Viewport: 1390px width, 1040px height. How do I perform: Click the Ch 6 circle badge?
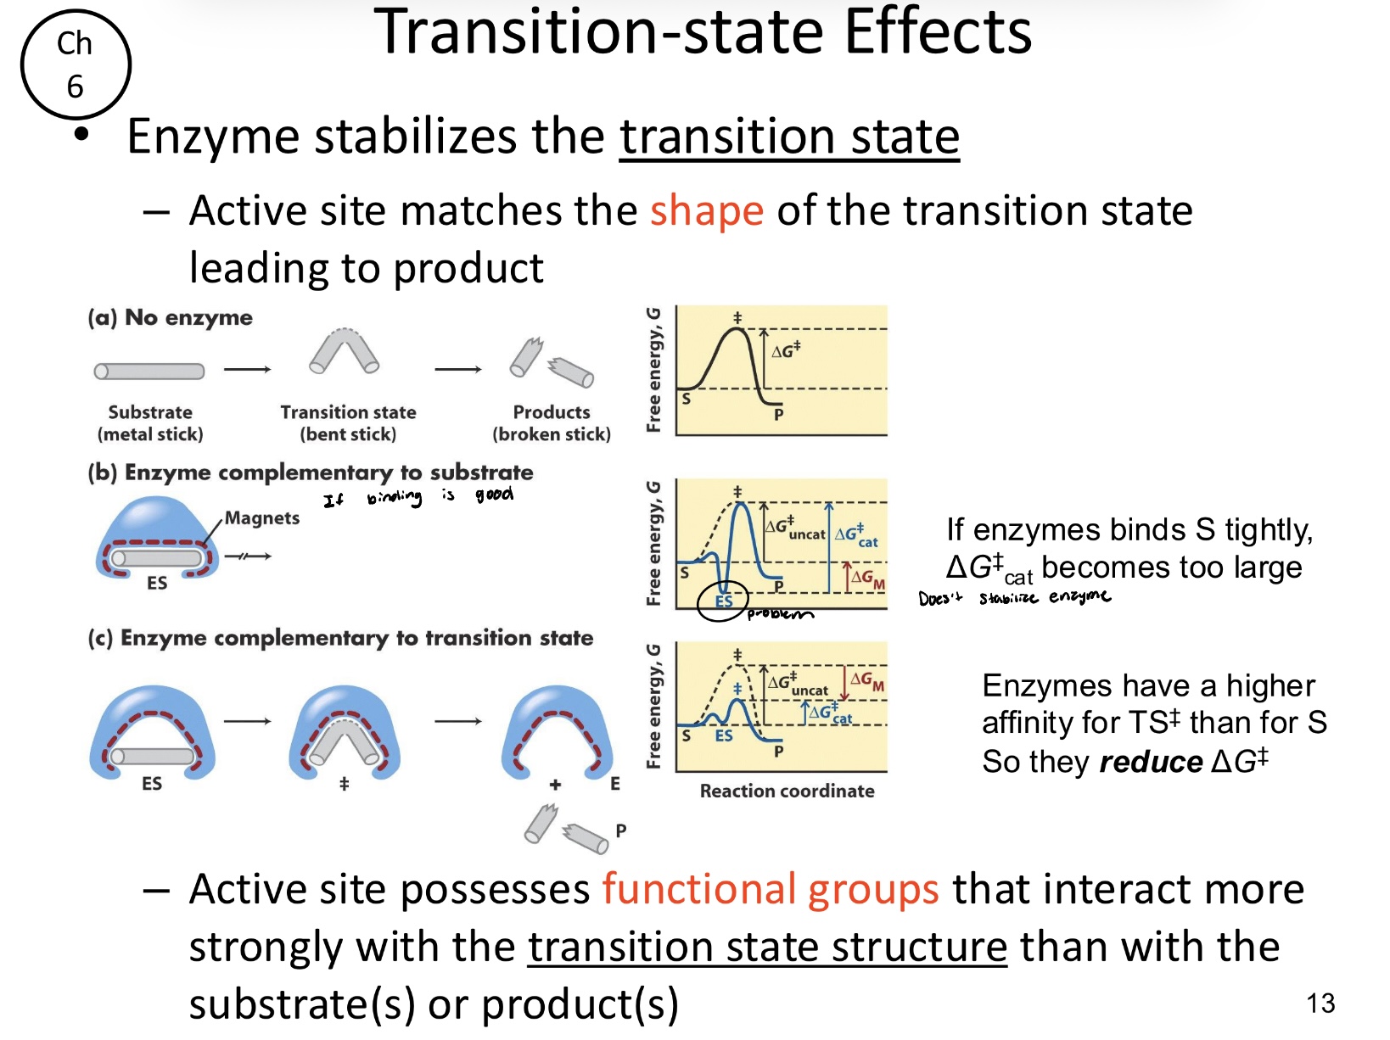[x=76, y=64]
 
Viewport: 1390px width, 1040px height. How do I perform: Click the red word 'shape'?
[x=707, y=210]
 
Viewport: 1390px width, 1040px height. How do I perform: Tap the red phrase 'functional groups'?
[x=770, y=889]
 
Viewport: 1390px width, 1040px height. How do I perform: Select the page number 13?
[x=1320, y=1004]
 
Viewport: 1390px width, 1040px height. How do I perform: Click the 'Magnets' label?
[x=261, y=517]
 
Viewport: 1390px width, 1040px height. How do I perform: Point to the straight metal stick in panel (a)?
[x=149, y=371]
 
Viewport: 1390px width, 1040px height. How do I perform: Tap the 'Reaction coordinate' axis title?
[x=787, y=791]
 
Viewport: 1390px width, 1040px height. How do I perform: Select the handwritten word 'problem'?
[x=780, y=613]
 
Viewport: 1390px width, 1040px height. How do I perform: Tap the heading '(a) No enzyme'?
[x=170, y=317]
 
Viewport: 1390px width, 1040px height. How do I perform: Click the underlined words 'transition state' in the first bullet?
[x=789, y=136]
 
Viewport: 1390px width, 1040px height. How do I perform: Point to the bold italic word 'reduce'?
[x=1151, y=762]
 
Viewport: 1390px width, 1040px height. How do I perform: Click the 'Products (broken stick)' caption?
[x=552, y=422]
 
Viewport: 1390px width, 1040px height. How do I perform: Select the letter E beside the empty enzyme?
[x=615, y=785]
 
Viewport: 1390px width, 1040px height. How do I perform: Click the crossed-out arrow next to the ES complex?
[x=248, y=556]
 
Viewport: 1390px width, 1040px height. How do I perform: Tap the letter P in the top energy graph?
[x=778, y=415]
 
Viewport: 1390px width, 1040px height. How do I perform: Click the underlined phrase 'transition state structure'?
[x=767, y=948]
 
